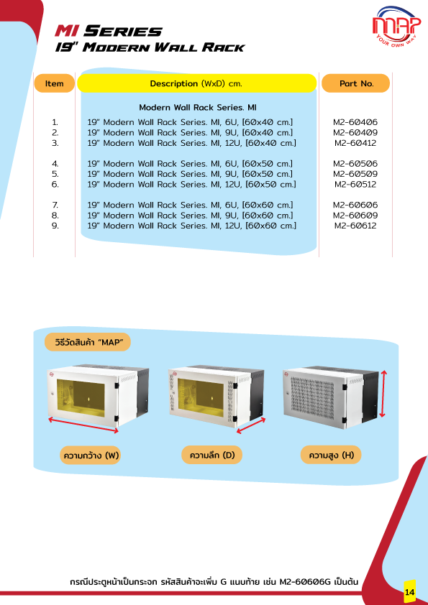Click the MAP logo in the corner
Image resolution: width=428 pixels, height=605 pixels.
pos(396,24)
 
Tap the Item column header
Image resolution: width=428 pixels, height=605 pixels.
pos(54,83)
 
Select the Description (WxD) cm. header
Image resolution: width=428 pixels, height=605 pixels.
pos(196,83)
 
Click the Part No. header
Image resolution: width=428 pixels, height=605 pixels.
pos(356,83)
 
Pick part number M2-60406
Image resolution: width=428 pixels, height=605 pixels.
pos(355,122)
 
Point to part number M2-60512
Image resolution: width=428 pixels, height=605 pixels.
pos(355,185)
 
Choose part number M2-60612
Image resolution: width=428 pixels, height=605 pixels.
pos(355,226)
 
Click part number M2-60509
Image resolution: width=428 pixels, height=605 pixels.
pos(355,174)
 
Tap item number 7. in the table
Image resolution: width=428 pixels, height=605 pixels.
pos(55,205)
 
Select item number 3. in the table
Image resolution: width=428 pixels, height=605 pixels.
pos(55,143)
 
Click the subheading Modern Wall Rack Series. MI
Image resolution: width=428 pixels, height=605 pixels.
pos(197,107)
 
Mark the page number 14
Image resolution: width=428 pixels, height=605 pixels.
pos(410,591)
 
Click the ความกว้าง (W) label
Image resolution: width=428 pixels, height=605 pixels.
pos(91,456)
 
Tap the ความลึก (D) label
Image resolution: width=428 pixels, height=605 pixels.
pos(212,456)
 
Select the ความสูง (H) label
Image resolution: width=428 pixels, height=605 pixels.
pos(331,456)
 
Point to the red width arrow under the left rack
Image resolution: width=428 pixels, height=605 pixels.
pos(83,425)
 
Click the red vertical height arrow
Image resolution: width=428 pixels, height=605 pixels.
pos(383,394)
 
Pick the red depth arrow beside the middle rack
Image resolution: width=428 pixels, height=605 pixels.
pos(251,425)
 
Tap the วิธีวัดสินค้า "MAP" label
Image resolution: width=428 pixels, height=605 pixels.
pos(88,342)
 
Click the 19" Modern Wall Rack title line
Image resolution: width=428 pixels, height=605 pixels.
pos(150,47)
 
